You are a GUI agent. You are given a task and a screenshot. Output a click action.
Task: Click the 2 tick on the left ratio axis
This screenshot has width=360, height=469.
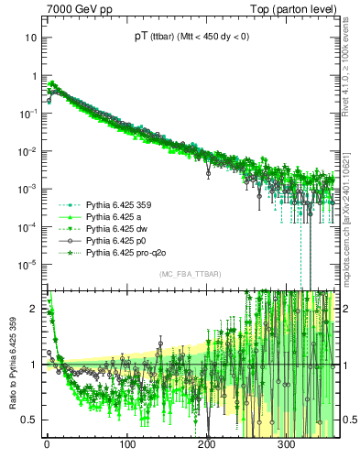[37, 309]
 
